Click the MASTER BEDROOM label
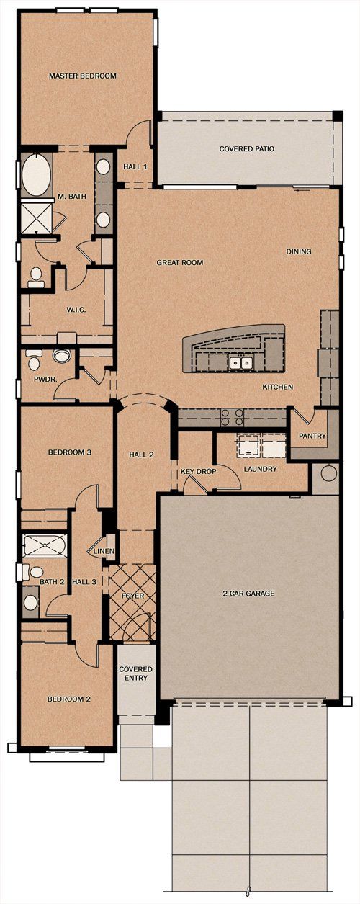click(82, 76)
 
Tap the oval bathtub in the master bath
click(35, 175)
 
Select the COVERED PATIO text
click(246, 149)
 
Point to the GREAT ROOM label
click(180, 263)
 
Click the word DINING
click(298, 251)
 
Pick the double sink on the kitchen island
click(240, 362)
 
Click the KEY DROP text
click(197, 470)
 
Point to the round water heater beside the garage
click(329, 474)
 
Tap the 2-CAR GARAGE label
click(248, 594)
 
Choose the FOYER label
click(132, 596)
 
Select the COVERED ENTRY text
click(133, 673)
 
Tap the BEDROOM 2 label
click(68, 699)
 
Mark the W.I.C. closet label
click(77, 310)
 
